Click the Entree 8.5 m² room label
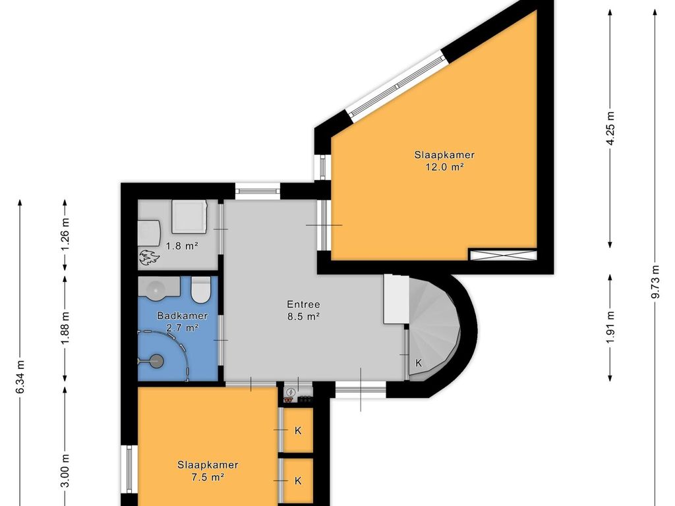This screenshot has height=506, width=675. [303, 310]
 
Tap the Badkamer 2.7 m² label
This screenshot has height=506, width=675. [183, 322]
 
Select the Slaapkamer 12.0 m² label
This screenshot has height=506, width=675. [445, 161]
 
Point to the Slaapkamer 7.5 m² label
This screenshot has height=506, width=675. [208, 470]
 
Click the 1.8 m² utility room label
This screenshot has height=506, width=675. [182, 246]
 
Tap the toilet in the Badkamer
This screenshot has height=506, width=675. [200, 289]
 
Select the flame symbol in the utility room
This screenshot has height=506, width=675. [149, 258]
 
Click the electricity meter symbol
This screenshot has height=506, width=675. [291, 392]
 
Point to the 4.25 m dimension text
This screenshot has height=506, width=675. [610, 128]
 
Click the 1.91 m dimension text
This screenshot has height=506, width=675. [610, 328]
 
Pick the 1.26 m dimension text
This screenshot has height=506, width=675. [65, 235]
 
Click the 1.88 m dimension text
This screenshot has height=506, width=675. [65, 328]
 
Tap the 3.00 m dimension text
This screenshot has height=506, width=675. [65, 471]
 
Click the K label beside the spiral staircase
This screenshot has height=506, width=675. [419, 363]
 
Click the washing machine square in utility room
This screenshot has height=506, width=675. [189, 216]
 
